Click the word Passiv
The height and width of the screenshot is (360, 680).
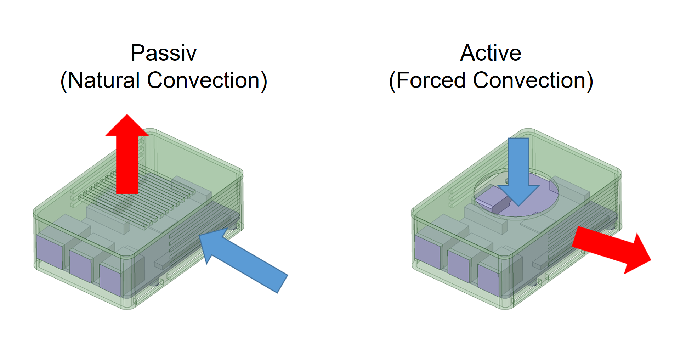[x=163, y=53]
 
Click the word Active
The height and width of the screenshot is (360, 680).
[x=491, y=53]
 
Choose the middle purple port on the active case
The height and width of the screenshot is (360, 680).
[x=458, y=265]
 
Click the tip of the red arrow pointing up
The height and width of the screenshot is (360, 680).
[x=127, y=116]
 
